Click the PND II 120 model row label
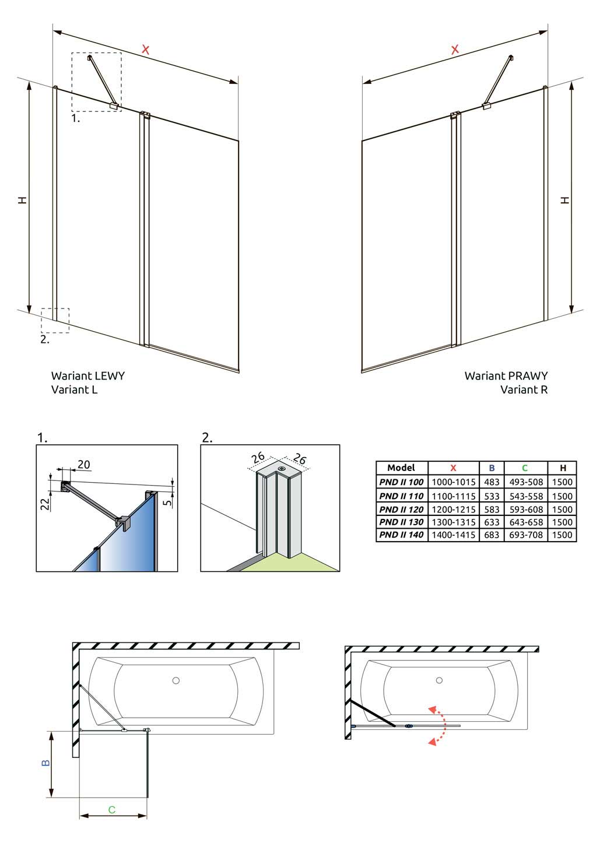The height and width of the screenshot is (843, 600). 401,509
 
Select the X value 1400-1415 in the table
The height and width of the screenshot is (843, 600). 453,535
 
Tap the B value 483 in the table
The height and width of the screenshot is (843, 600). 492,482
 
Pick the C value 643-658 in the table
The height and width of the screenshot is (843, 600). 525,522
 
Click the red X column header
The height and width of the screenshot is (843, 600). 453,468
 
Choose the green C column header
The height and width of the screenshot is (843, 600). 525,468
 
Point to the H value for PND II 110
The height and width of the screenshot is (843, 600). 562,496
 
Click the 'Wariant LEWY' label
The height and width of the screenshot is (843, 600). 88,376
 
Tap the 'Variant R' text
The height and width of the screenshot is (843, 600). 524,390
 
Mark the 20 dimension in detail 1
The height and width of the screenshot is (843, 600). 84,465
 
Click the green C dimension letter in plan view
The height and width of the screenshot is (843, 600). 112,809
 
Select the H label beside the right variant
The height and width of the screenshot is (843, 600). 564,200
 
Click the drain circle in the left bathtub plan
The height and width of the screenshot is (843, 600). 176,680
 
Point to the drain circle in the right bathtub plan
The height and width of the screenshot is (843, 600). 439,680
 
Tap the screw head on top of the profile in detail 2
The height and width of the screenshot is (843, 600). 282,468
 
